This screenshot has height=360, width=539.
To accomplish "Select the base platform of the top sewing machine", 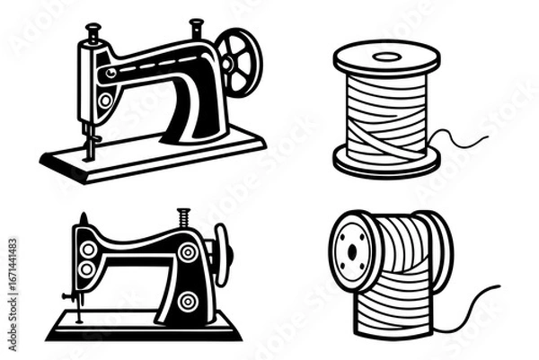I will click(153, 154).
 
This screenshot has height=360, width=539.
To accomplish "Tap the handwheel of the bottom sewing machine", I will click(221, 256).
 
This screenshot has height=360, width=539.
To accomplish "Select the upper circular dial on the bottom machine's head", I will click(87, 249).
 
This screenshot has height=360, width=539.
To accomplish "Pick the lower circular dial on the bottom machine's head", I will click(87, 268).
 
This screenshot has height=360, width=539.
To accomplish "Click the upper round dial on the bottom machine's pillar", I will click(188, 253).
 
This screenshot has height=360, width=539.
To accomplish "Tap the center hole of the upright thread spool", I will click(386, 57).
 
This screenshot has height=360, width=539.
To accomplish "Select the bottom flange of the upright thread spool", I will click(386, 163).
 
